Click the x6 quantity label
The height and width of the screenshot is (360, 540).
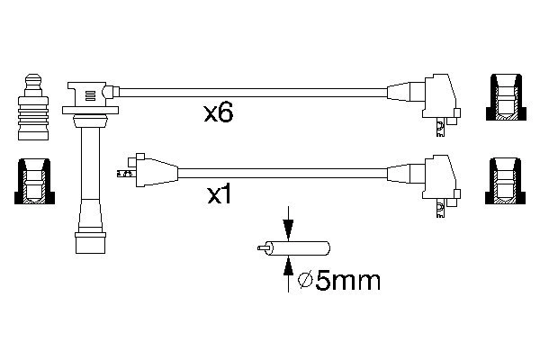tap(219, 113)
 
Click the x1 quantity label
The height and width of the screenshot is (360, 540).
tap(220, 195)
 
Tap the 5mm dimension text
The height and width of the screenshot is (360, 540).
tap(347, 281)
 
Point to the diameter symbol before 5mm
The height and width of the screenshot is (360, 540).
tap(305, 281)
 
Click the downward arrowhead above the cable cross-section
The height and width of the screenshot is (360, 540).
tap(288, 229)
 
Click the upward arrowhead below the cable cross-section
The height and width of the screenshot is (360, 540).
tap(288, 266)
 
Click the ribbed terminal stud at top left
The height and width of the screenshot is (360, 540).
tap(33, 107)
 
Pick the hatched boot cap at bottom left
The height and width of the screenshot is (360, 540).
tap(34, 181)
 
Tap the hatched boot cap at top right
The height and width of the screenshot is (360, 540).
tap(506, 97)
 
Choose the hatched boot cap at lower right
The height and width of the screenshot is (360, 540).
tap(506, 181)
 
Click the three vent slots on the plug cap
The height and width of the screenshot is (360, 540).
tap(90, 95)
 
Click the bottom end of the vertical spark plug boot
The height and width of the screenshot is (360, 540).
tap(90, 253)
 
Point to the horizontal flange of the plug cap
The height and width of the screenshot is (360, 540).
tap(90, 110)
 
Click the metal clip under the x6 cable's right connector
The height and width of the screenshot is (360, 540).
tap(440, 128)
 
